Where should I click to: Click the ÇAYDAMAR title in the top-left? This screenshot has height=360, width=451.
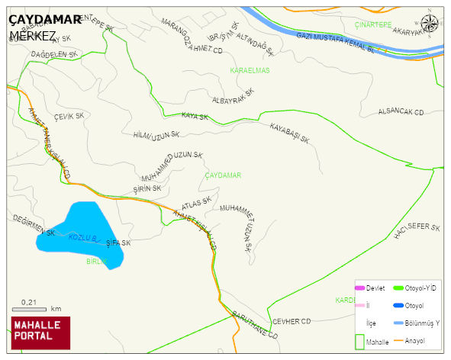coord(45,20)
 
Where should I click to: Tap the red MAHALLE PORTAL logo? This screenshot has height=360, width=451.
coord(40,333)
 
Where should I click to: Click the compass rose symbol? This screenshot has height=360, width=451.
coord(430,24)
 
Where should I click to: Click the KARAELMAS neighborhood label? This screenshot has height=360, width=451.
coord(250,70)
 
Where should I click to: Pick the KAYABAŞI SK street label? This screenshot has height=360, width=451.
coord(289,133)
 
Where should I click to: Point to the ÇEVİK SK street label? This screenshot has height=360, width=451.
coord(69,116)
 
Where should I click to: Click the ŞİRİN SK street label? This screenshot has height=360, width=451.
coord(147,188)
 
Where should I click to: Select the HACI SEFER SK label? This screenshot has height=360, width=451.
coord(417,230)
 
